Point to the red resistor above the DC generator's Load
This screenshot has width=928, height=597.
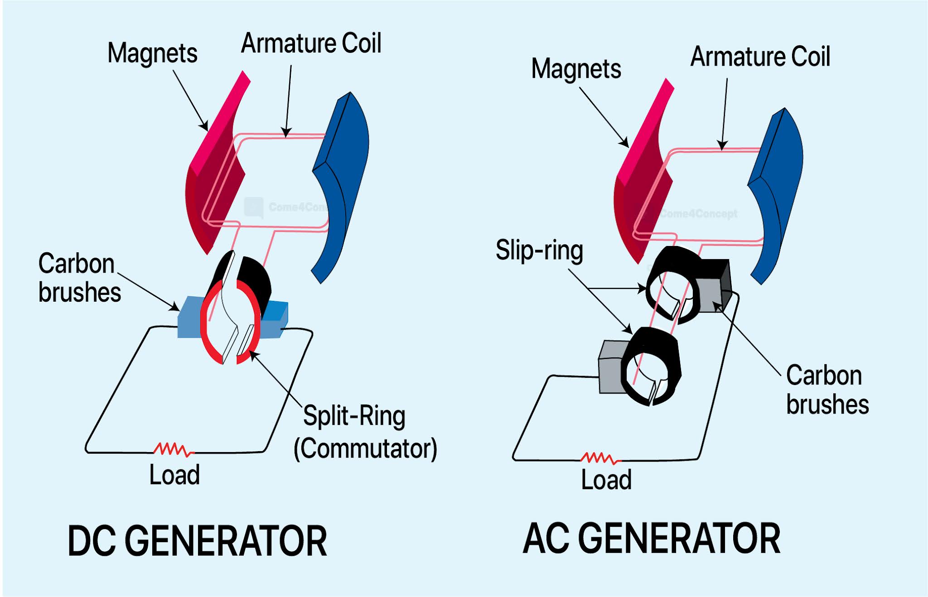174,449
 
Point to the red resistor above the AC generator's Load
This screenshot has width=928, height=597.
600,458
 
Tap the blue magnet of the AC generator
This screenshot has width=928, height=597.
777,190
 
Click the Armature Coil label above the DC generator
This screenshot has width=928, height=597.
311,43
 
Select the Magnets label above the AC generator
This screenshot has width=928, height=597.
576,69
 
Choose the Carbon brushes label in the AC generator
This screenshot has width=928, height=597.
826,390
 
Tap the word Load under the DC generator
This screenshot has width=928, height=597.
174,475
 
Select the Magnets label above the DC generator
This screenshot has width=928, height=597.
152,53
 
